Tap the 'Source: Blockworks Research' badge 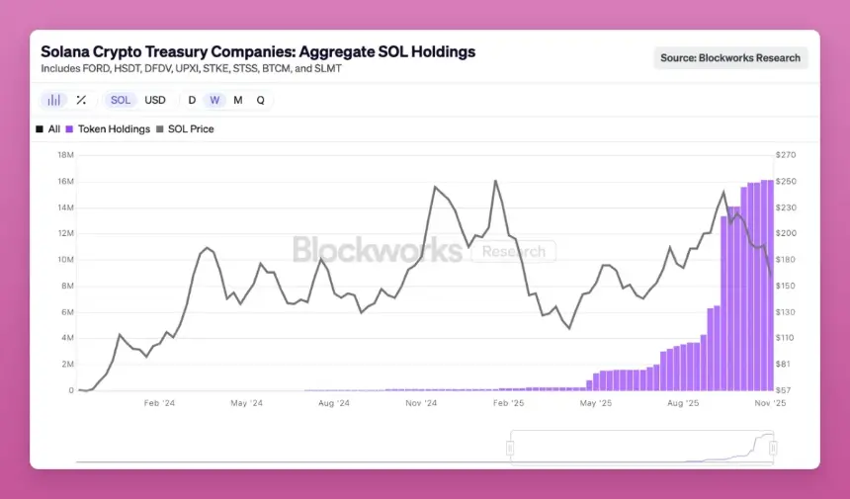tap(730, 57)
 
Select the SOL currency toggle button tap(121, 100)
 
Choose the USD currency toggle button tap(155, 100)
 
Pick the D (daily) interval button tap(192, 100)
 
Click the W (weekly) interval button tap(214, 100)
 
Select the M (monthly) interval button tap(238, 100)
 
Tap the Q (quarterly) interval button tap(261, 100)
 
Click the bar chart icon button tap(54, 100)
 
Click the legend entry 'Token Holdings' tap(114, 129)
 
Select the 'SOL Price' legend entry tap(191, 129)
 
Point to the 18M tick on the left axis tap(66, 155)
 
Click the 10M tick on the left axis tap(66, 260)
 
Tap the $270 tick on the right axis tap(786, 155)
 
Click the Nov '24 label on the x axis tap(420, 403)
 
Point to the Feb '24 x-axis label tap(159, 403)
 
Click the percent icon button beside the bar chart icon tap(81, 100)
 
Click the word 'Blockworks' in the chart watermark tap(378, 250)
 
